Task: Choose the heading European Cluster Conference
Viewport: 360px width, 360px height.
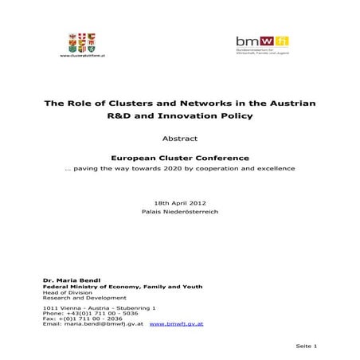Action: tap(179, 157)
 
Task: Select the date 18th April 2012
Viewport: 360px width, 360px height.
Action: tap(179, 203)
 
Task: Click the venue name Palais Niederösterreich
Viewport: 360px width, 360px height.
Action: tap(179, 212)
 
